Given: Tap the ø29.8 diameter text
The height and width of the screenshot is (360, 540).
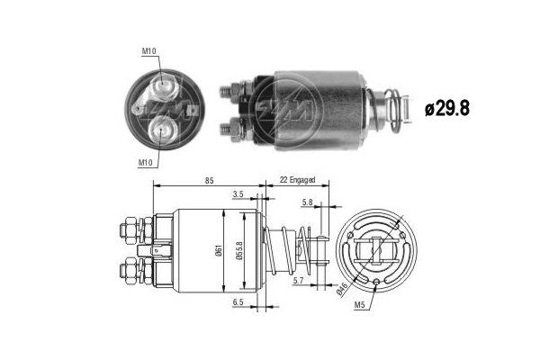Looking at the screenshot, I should [448, 107].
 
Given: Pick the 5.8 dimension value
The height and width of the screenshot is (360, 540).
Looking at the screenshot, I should [307, 202].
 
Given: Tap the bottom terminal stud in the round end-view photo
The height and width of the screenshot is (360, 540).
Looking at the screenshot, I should [162, 129].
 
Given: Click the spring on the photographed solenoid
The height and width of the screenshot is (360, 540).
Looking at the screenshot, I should [396, 108].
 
